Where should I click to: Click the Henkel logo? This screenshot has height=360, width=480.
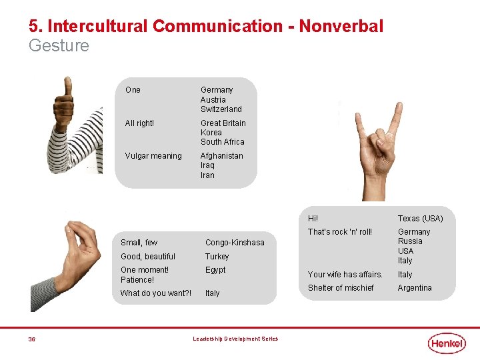(x=447, y=343)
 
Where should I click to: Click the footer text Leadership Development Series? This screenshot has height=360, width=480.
(x=235, y=339)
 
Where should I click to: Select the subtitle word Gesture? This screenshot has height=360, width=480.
(x=59, y=46)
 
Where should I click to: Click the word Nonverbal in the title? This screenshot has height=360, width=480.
(x=341, y=27)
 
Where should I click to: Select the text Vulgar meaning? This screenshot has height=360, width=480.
(x=153, y=156)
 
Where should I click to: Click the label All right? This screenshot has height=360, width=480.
(x=139, y=123)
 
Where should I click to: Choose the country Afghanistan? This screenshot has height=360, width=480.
(x=222, y=156)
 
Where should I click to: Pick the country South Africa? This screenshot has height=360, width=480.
(x=222, y=142)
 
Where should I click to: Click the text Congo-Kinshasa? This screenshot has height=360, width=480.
(x=235, y=243)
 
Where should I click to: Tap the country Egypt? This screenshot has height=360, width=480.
(x=215, y=270)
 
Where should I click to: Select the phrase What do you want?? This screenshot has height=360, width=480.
(x=155, y=293)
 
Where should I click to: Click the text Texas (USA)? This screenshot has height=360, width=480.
(x=420, y=219)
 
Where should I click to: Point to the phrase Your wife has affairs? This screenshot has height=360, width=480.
(x=345, y=275)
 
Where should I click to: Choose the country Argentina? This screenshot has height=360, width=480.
(x=415, y=288)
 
